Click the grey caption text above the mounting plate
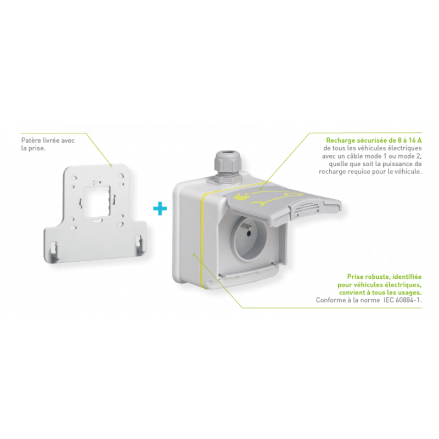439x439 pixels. (48, 144)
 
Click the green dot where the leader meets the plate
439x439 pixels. (111, 164)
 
